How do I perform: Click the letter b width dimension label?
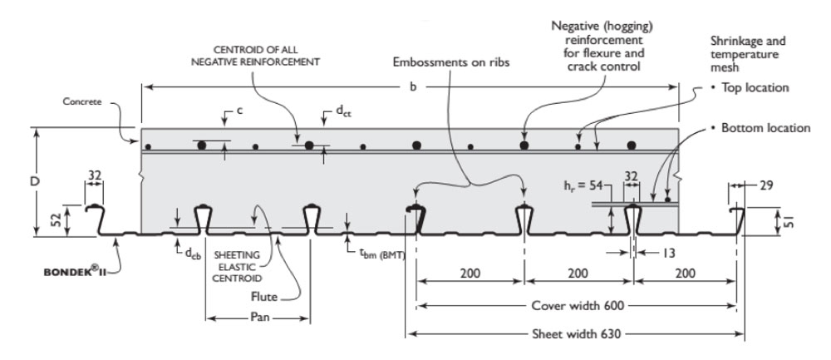point(413,86)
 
